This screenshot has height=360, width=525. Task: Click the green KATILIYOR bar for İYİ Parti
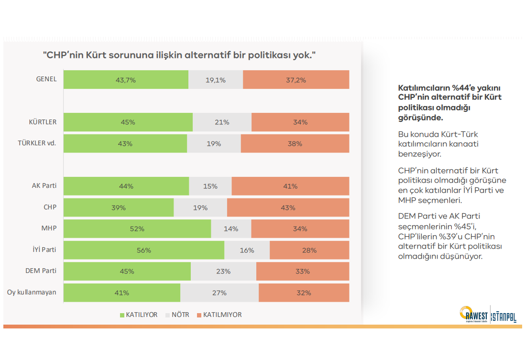(143, 250)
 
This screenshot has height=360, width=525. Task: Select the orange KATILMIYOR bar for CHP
(288, 207)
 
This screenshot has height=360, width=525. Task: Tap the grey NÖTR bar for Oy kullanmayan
(219, 293)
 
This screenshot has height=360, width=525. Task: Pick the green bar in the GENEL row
(126, 80)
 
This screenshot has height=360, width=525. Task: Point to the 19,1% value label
(216, 80)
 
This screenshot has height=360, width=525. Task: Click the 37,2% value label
(296, 80)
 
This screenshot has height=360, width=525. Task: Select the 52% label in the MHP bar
(137, 229)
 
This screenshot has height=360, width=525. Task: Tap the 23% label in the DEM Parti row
(223, 271)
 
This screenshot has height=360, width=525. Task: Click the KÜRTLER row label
(43, 122)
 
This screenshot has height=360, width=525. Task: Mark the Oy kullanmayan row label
(32, 292)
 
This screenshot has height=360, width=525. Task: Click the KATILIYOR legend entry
(138, 315)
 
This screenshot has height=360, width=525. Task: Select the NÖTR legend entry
(177, 315)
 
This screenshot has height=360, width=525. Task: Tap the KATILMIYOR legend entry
(219, 315)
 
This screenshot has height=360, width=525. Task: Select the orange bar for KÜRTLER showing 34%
(300, 122)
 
